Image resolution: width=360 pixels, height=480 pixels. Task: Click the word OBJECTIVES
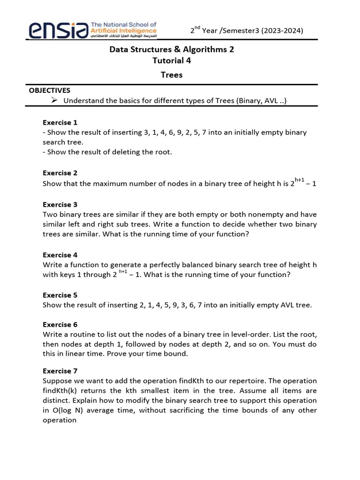pos(50,90)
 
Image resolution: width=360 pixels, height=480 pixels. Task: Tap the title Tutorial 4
pos(172,60)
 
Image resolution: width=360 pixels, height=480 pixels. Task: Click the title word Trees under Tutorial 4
pos(172,75)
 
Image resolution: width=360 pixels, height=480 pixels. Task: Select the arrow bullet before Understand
pos(54,100)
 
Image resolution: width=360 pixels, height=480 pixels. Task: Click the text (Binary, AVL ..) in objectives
pos(259,101)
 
